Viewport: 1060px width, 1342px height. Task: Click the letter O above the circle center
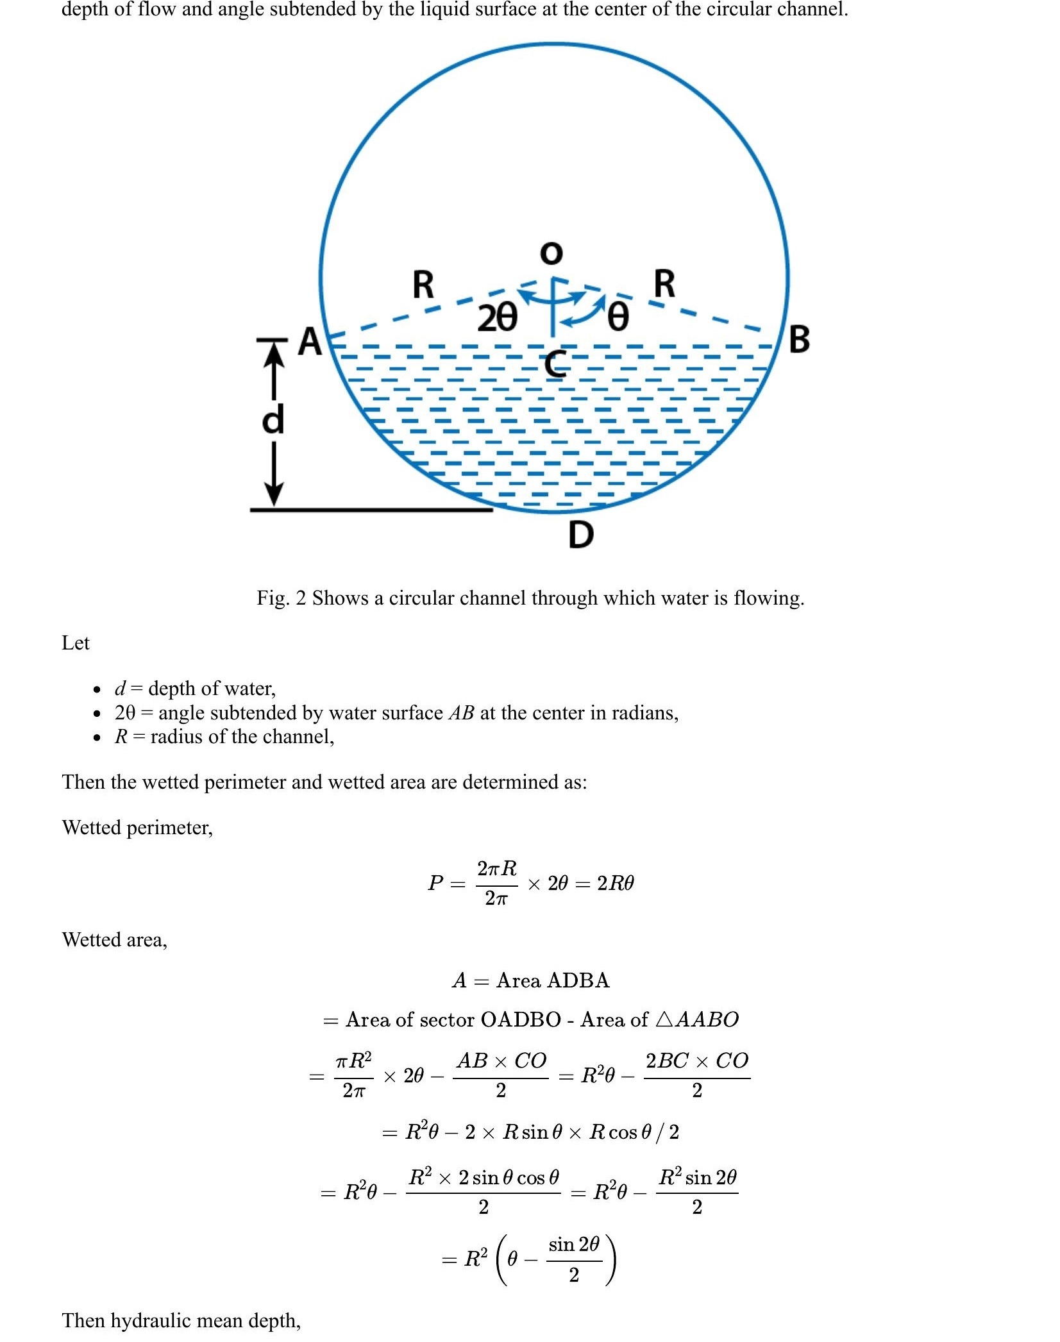551,253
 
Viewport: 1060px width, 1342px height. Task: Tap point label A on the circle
311,341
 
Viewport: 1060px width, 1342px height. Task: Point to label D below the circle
581,534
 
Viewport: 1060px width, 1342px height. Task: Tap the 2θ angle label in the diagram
496,317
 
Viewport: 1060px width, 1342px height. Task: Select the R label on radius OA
423,285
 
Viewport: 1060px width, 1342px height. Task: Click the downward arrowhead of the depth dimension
274,494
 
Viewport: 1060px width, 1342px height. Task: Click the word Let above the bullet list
75,642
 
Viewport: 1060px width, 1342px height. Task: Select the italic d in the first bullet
120,689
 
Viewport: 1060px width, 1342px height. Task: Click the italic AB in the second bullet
461,713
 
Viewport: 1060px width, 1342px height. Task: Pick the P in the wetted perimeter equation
435,883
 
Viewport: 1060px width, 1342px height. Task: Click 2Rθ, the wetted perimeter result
615,883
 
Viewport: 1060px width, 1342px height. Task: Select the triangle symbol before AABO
664,1019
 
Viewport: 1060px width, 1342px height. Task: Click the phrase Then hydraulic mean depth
181,1320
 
